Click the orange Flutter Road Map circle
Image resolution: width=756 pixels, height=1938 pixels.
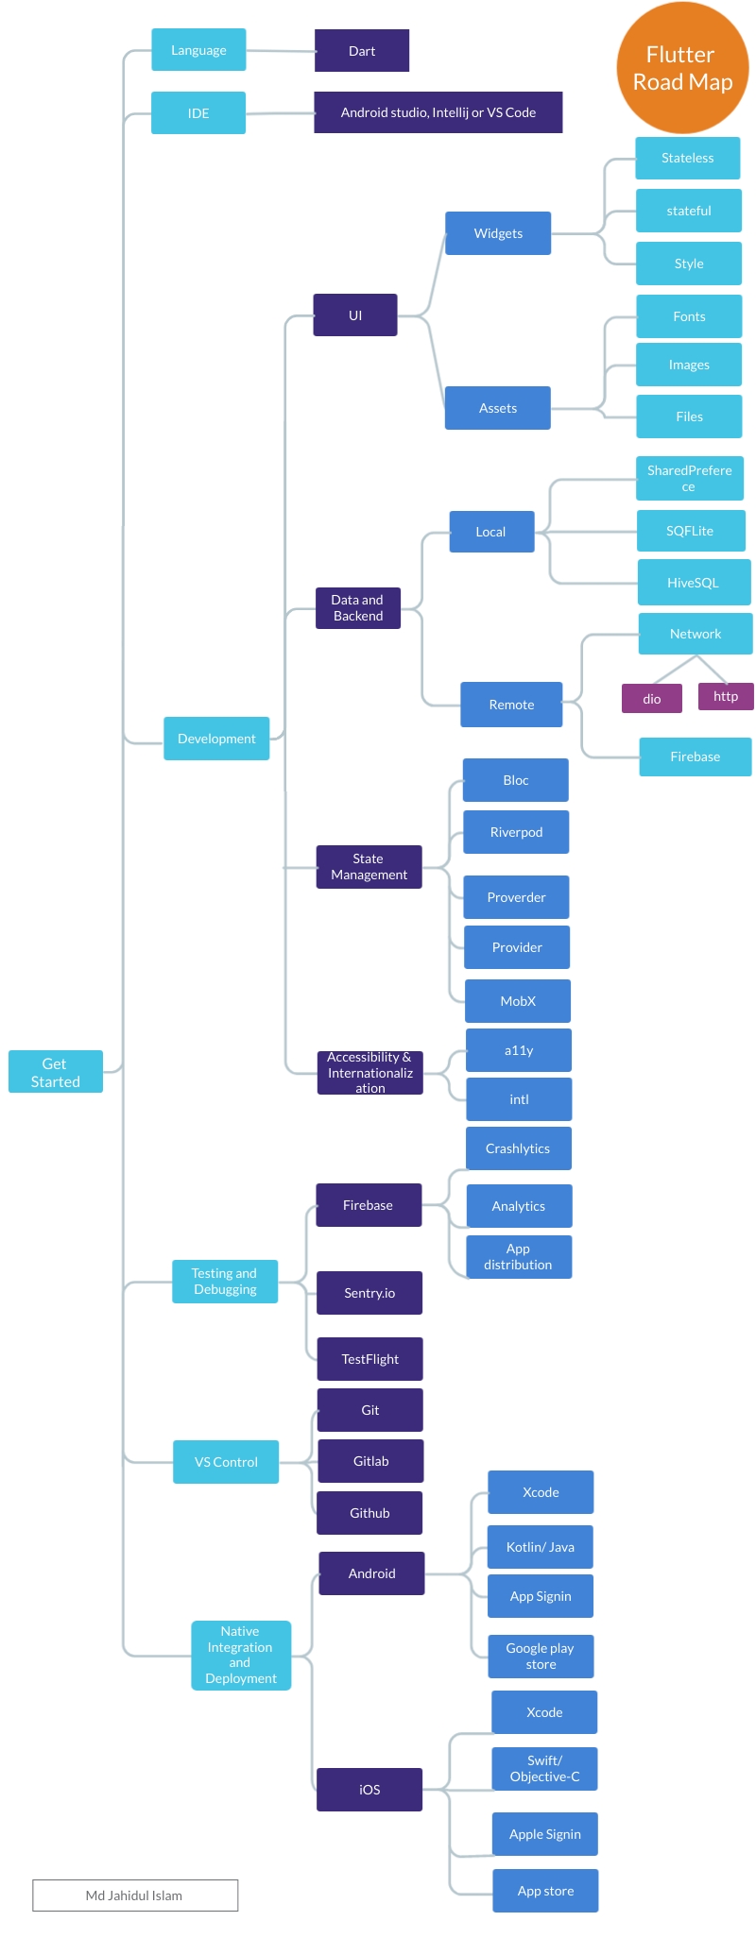[682, 68]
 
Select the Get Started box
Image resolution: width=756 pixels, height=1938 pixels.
[56, 1072]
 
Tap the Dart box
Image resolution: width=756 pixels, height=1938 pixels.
[362, 51]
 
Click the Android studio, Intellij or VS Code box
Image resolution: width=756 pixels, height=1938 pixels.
[438, 112]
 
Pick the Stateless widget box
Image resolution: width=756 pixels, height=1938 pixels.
[687, 158]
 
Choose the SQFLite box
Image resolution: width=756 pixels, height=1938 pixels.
[690, 531]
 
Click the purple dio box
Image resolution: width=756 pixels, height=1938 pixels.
[652, 699]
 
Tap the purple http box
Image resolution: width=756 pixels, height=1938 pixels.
[726, 696]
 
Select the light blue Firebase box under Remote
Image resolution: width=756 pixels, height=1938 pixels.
[695, 756]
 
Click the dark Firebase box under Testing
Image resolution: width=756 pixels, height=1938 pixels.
[369, 1205]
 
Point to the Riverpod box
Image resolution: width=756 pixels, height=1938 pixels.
[516, 832]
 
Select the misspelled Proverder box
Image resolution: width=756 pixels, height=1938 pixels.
[516, 897]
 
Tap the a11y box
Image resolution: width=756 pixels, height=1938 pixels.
[519, 1050]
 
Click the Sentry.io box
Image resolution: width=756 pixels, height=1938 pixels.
[369, 1293]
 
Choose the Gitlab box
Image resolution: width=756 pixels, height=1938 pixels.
[370, 1461]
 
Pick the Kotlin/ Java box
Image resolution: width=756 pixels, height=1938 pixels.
[541, 1547]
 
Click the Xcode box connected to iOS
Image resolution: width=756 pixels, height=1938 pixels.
[544, 1712]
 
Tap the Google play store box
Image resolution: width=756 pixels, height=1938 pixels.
[541, 1657]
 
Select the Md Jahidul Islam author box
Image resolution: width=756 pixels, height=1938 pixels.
[135, 1895]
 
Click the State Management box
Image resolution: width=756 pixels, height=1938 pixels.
[369, 867]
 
